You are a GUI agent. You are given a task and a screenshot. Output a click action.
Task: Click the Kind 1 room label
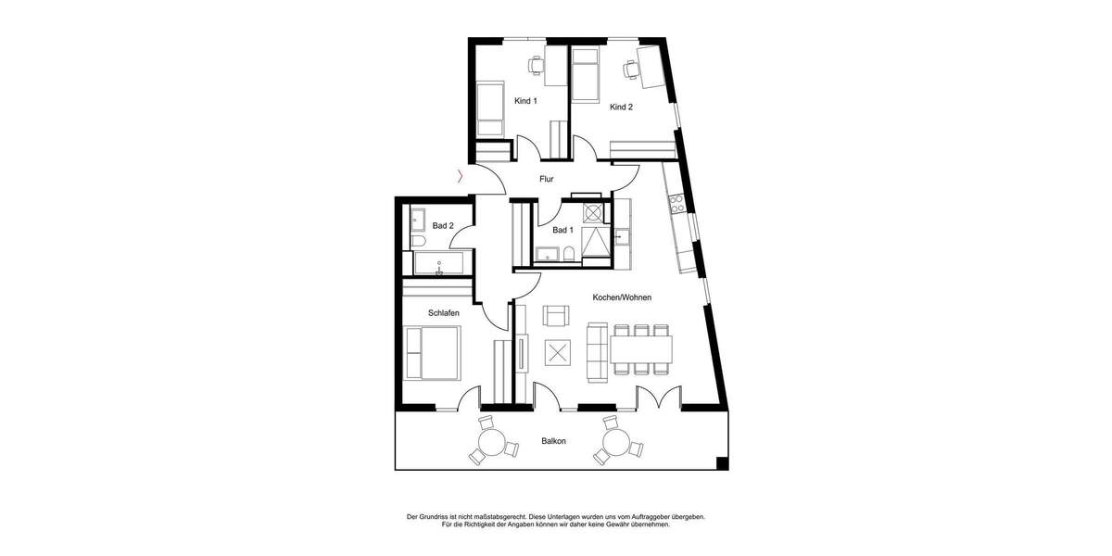pyautogui.click(x=525, y=101)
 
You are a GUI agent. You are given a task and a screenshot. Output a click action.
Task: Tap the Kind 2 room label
pyautogui.click(x=621, y=107)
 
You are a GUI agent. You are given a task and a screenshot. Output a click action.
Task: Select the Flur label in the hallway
pyautogui.click(x=546, y=179)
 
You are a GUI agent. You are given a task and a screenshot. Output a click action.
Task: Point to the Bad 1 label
pyautogui.click(x=562, y=230)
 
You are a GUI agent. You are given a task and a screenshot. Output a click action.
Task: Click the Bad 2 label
pyautogui.click(x=443, y=225)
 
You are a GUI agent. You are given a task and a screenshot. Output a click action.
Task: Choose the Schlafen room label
pyautogui.click(x=443, y=313)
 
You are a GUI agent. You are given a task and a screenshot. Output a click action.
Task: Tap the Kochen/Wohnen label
pyautogui.click(x=622, y=297)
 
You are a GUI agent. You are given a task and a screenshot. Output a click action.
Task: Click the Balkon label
pyautogui.click(x=554, y=441)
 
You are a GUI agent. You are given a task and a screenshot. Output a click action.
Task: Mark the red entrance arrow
pyautogui.click(x=461, y=176)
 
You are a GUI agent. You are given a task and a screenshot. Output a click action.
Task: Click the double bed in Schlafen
pyautogui.click(x=434, y=353)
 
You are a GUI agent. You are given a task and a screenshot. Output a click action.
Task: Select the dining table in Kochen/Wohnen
pyautogui.click(x=641, y=349)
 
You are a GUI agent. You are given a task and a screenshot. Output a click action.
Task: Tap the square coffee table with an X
pyautogui.click(x=557, y=353)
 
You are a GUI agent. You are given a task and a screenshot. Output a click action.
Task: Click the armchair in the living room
pyautogui.click(x=556, y=317)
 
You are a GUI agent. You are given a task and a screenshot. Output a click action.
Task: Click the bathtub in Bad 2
pyautogui.click(x=440, y=265)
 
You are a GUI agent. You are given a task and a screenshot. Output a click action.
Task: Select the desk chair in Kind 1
pyautogui.click(x=536, y=64)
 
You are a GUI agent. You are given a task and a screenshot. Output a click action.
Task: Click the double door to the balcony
pyautogui.click(x=656, y=398)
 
